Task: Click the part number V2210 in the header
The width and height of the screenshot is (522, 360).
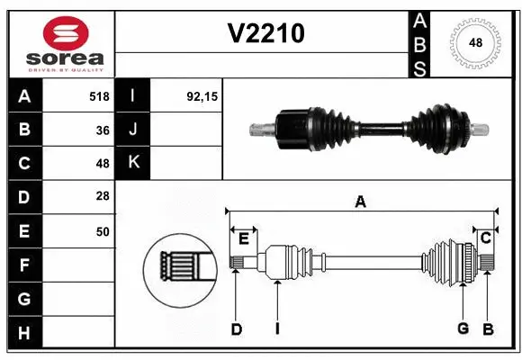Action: [265, 33]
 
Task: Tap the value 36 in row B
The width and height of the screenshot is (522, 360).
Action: [102, 130]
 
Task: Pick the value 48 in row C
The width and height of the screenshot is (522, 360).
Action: [102, 164]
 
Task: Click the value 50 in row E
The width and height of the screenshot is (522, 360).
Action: [102, 231]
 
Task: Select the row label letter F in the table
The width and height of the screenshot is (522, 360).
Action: [24, 265]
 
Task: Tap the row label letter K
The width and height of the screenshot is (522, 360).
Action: [134, 164]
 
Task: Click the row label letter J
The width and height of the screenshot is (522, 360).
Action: [134, 130]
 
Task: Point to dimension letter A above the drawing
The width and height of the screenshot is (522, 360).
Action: [360, 202]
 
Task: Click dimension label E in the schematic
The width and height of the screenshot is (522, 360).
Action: [243, 238]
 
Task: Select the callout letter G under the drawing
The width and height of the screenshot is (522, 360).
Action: [463, 329]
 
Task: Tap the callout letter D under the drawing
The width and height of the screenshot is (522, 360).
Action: [236, 329]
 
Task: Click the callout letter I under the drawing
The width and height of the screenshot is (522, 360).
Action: [277, 329]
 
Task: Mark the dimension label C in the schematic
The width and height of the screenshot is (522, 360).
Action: [486, 238]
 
